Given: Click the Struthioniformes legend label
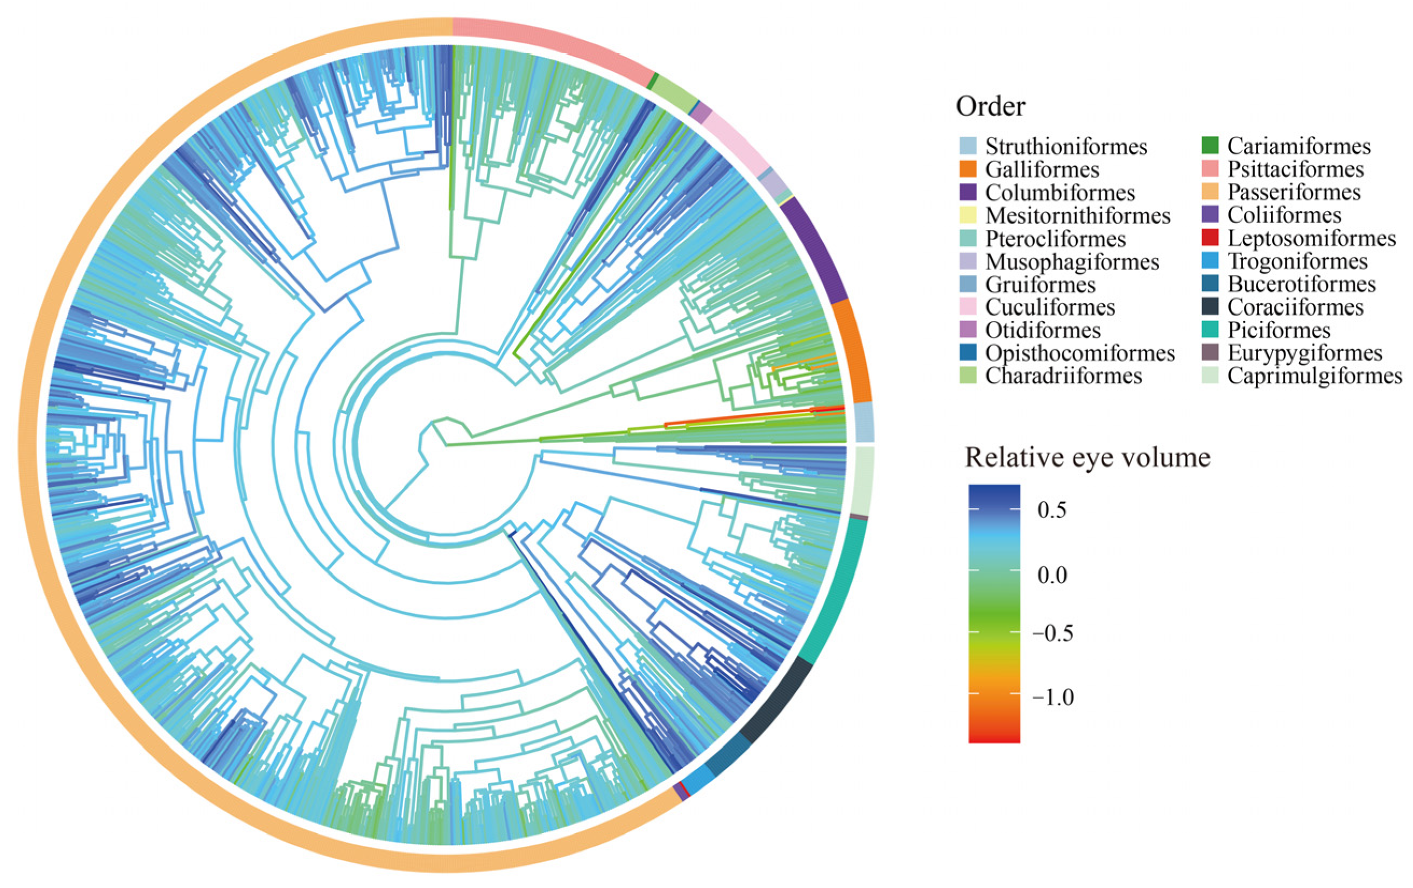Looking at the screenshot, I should click(x=1065, y=147).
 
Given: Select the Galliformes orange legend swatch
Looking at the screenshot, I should click(x=968, y=169).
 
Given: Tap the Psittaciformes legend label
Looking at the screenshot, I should click(x=1295, y=169).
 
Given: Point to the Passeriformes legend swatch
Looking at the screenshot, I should click(x=1210, y=192).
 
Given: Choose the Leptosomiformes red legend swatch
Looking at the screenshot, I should click(x=1210, y=238).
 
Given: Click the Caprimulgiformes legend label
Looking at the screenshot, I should click(x=1315, y=376).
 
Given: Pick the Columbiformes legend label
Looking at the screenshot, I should click(x=1060, y=193).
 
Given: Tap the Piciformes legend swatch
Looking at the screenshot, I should click(x=1210, y=330).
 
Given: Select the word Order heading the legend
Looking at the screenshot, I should click(x=991, y=106).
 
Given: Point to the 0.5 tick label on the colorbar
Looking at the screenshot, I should click(x=1051, y=510).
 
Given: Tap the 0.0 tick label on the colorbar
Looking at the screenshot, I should click(x=1051, y=576).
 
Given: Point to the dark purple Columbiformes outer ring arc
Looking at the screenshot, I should click(x=816, y=249).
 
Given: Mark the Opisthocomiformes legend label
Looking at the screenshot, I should click(x=1080, y=353).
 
